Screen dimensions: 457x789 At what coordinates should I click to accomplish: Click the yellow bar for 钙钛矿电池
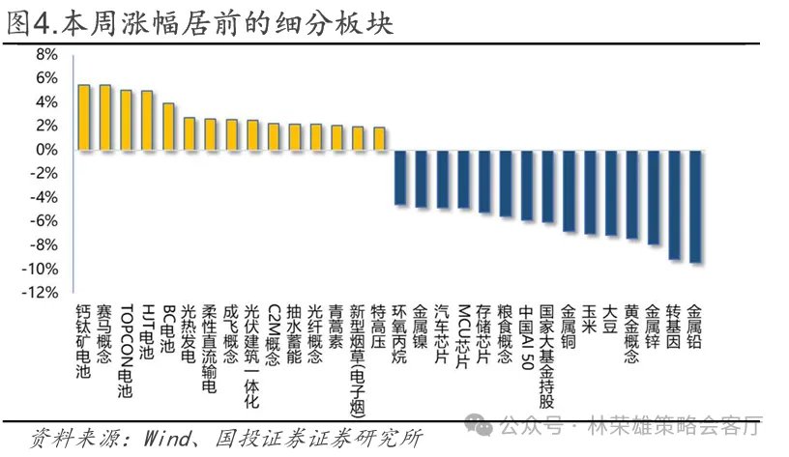tap(84, 117)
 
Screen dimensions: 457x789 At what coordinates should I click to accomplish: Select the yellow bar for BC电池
tap(168, 127)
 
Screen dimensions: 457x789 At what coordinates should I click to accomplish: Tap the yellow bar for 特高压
tap(379, 138)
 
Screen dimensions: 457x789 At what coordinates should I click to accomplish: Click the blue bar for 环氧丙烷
tap(400, 177)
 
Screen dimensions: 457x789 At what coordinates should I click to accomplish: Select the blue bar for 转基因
tap(674, 204)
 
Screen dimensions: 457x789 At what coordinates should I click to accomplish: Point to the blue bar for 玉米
tap(590, 191)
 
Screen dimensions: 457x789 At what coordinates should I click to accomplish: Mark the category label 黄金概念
tap(631, 334)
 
